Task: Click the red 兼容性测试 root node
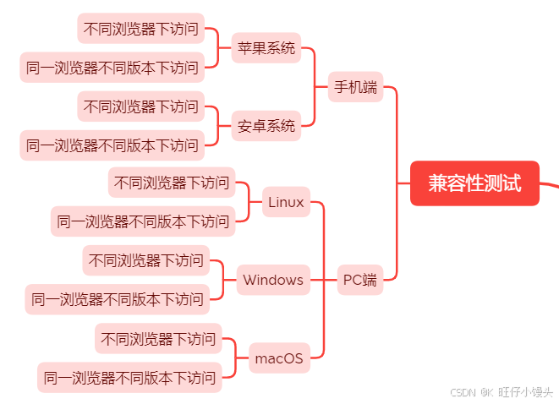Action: (x=474, y=183)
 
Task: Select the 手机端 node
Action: (x=355, y=87)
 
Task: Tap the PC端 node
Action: (x=360, y=280)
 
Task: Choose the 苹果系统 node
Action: (x=266, y=48)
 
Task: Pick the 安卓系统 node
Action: (x=266, y=126)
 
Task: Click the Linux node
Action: (x=286, y=202)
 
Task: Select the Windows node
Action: (x=273, y=280)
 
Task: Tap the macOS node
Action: (x=279, y=358)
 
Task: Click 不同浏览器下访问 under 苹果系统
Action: (x=141, y=29)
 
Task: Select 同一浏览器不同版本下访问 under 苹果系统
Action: (x=112, y=68)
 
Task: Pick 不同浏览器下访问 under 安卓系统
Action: (x=141, y=106)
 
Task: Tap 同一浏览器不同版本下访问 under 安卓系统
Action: (x=112, y=145)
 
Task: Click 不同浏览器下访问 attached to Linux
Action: (x=172, y=183)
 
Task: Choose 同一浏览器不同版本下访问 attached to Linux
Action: (x=143, y=221)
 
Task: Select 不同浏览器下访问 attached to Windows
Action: (x=145, y=260)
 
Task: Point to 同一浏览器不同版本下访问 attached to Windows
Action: (x=118, y=299)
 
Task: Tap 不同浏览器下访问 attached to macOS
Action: (x=158, y=338)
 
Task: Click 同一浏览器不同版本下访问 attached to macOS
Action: (x=129, y=378)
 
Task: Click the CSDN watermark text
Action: (x=463, y=393)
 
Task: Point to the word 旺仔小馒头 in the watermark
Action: (x=525, y=392)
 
